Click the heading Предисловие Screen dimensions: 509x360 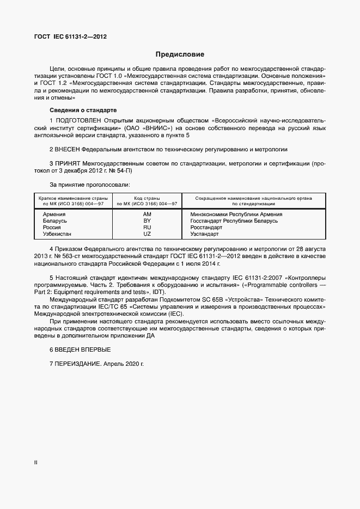[180, 54]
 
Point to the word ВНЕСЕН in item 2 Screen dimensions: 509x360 [68, 149]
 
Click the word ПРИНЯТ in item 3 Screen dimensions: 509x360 [68, 163]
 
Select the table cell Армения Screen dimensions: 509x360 [54, 214]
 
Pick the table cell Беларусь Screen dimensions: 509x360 [54, 221]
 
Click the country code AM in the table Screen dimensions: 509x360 [147, 214]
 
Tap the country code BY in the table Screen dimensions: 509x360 [147, 221]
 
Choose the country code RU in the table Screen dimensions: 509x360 [147, 228]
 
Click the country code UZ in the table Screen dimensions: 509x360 [147, 234]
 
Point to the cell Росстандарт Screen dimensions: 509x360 [206, 228]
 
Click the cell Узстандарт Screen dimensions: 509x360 [204, 234]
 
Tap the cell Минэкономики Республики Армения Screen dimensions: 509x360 [236, 214]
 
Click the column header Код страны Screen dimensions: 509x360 [147, 198]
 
